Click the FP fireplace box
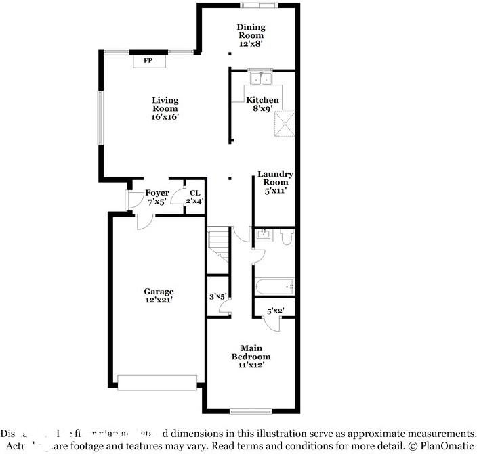(x=147, y=61)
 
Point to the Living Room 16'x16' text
(x=165, y=108)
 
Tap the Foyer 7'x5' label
(x=157, y=197)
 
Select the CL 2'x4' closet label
(x=195, y=197)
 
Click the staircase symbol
(x=219, y=244)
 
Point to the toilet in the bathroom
(x=286, y=237)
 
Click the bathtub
(x=274, y=287)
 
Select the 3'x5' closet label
(x=217, y=296)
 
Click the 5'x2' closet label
(x=275, y=311)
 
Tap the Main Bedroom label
(x=251, y=357)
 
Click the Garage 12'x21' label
(x=158, y=296)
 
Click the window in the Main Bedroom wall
(x=251, y=411)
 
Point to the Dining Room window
(x=259, y=6)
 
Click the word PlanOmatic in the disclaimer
(x=446, y=445)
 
